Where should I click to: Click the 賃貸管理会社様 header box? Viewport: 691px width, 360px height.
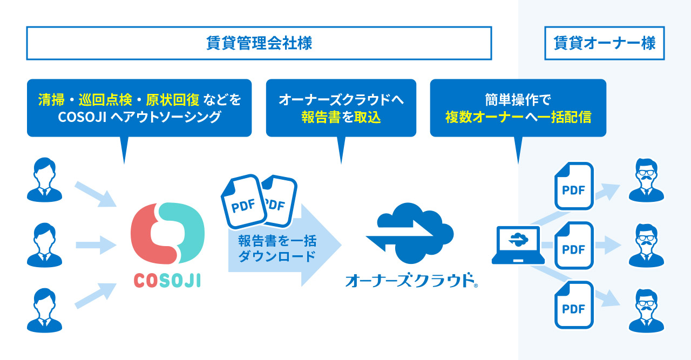click(259, 43)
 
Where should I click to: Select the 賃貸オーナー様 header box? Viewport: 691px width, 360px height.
click(604, 43)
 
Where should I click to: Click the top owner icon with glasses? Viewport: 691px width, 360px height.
click(646, 180)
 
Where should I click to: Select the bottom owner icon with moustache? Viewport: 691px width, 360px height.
click(646, 310)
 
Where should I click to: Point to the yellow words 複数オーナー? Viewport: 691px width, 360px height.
click(484, 117)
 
